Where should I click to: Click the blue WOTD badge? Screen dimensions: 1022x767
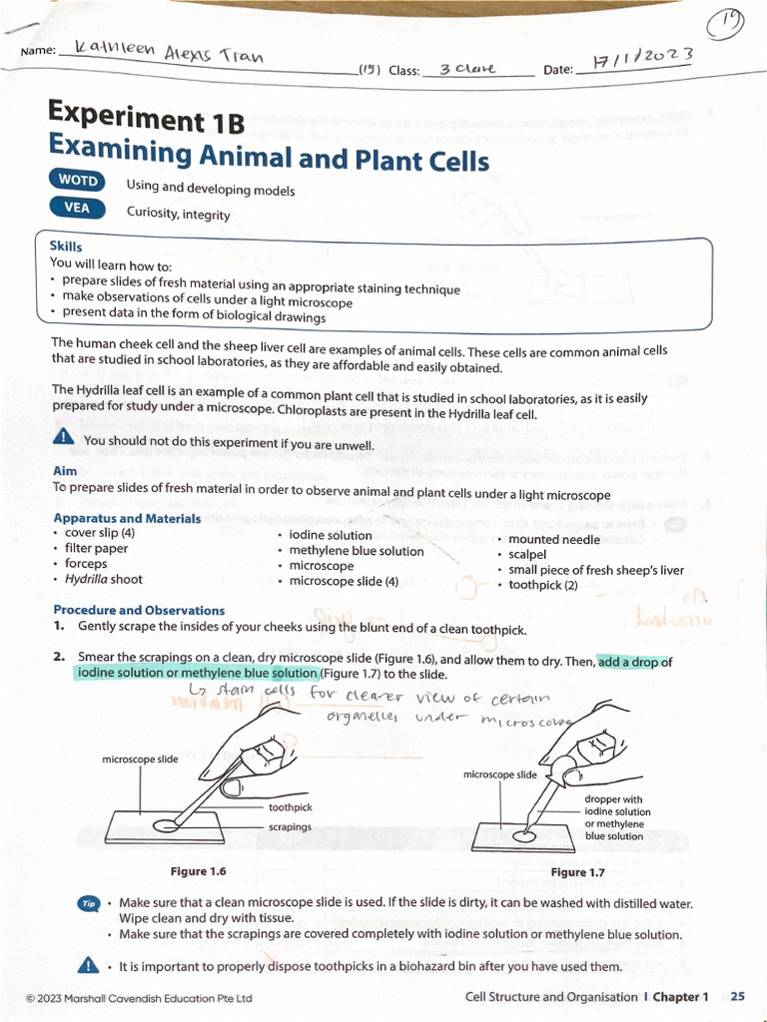pos(78,182)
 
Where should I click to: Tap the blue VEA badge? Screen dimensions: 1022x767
pos(78,208)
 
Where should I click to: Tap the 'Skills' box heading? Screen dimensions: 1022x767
pos(66,246)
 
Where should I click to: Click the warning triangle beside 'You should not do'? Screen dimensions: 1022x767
pos(64,437)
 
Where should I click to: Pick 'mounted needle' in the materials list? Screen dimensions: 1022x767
pos(554,540)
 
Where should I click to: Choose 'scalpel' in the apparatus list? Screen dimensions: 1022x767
pos(527,554)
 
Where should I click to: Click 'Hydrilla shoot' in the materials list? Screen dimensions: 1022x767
pos(104,579)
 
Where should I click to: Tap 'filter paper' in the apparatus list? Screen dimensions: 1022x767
pos(96,548)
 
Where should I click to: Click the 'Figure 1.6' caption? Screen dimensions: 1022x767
pos(198,871)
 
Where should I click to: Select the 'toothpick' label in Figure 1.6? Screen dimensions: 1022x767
pos(290,807)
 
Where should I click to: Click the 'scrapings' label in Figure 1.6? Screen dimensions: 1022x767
pos(290,827)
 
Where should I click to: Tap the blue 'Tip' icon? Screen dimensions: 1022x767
pos(88,903)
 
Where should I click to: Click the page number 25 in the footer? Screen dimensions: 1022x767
pos(737,996)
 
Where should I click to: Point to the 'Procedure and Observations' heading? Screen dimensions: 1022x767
pos(139,610)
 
